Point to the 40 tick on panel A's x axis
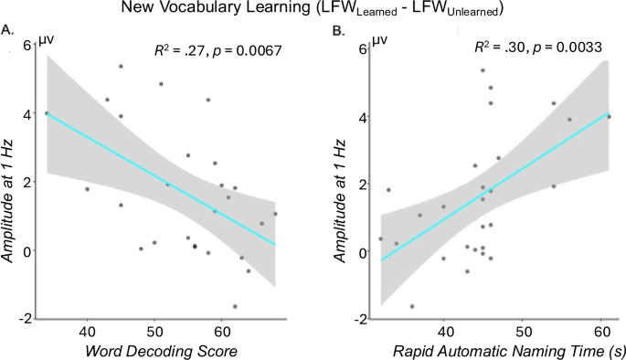(88, 326)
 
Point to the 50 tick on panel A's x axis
(154, 326)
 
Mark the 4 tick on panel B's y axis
(362, 117)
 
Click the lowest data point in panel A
(235, 306)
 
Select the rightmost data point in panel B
(610, 116)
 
